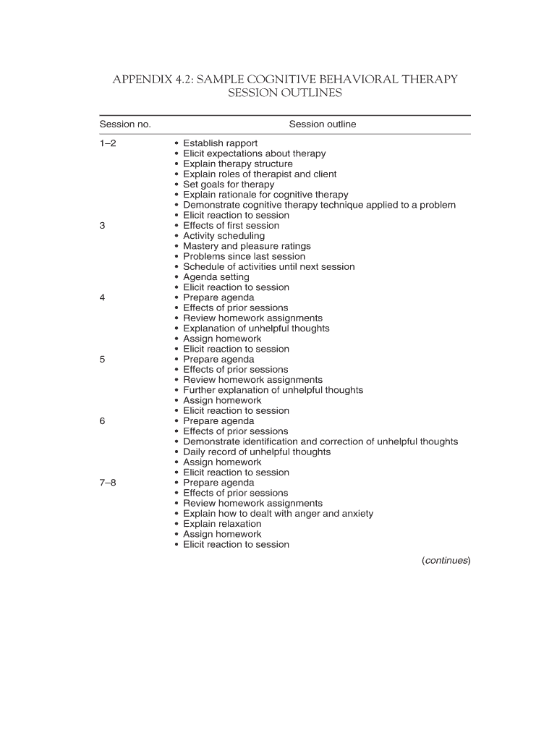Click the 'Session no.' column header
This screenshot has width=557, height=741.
tap(125, 124)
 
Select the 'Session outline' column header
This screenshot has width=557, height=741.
tap(323, 124)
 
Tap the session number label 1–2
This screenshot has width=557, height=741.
tap(108, 143)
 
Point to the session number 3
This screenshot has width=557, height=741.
tap(103, 226)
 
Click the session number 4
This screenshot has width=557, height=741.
tap(103, 297)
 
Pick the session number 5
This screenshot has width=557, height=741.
tap(103, 360)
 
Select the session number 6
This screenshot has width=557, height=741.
tap(103, 421)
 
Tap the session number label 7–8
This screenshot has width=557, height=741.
tap(108, 483)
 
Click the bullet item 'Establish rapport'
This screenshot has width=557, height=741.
tap(220, 143)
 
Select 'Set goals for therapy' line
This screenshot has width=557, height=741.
tap(229, 185)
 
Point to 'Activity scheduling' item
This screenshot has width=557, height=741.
tap(224, 236)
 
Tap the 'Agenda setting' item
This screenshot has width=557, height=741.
tap(216, 277)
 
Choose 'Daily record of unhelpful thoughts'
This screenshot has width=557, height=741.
tap(256, 452)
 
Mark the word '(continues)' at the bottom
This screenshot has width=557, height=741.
tap(446, 560)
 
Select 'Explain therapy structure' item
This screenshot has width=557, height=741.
tap(237, 164)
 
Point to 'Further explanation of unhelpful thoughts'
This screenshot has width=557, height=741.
tap(273, 390)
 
